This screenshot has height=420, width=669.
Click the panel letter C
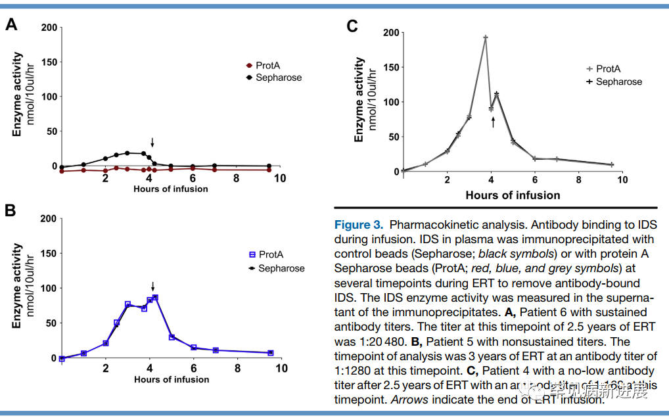(352, 26)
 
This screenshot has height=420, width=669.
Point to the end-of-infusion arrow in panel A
(152, 143)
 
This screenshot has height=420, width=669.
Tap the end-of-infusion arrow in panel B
(152, 287)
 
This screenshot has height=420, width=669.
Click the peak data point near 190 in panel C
(486, 38)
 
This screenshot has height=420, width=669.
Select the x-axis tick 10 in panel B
(281, 369)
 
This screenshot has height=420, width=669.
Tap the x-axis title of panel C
(513, 195)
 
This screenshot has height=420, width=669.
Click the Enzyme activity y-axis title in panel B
(18, 287)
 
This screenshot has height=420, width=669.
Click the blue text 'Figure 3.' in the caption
(359, 225)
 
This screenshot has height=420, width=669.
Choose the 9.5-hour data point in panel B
(270, 353)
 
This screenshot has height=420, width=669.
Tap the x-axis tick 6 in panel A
(193, 178)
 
